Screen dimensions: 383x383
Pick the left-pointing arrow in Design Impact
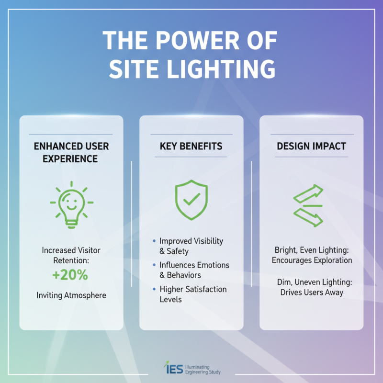[x=307, y=217]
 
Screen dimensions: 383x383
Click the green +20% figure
[x=71, y=276]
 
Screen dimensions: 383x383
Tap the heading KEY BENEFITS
[x=191, y=146]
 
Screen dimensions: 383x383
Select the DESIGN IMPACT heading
[x=311, y=146]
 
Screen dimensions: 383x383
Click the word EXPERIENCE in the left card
[x=71, y=158]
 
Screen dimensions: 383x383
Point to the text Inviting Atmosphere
[x=71, y=295]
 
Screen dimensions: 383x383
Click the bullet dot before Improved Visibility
[x=154, y=241]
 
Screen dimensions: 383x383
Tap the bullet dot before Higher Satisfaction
[x=154, y=290]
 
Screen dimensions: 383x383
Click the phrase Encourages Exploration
[x=312, y=260]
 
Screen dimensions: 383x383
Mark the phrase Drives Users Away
[x=312, y=292]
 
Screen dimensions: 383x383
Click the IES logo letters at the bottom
[x=172, y=368]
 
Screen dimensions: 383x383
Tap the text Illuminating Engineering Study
[x=203, y=368]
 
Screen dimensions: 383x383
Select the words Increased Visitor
[x=71, y=250]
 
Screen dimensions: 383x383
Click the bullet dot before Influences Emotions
[x=154, y=265]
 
